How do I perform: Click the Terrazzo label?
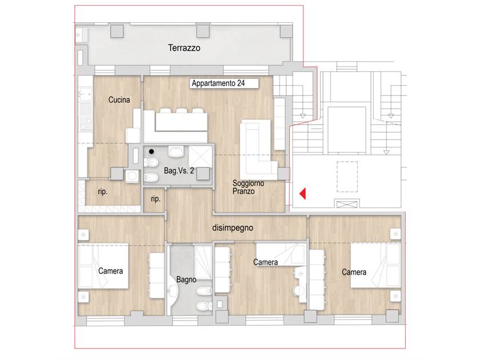coord(184,48)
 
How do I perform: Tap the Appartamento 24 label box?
coord(224,83)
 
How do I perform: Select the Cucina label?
coord(119,100)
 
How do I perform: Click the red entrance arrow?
coord(302,194)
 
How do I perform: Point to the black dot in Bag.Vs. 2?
coord(151,151)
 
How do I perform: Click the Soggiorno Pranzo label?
coord(248,187)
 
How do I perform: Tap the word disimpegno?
coord(233,228)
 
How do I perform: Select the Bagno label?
coord(186,279)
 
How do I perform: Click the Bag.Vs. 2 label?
coord(179,171)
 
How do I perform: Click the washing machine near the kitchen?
coord(132,176)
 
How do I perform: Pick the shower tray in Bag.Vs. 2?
coord(200,157)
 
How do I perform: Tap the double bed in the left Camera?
coord(103,266)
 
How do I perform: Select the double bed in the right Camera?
coord(375,265)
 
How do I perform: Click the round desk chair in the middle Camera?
coord(298,290)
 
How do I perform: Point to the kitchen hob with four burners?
coord(86,125)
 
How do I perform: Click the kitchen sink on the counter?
coord(85,94)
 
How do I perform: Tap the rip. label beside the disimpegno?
coord(155,199)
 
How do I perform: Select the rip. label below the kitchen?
coord(102,192)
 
